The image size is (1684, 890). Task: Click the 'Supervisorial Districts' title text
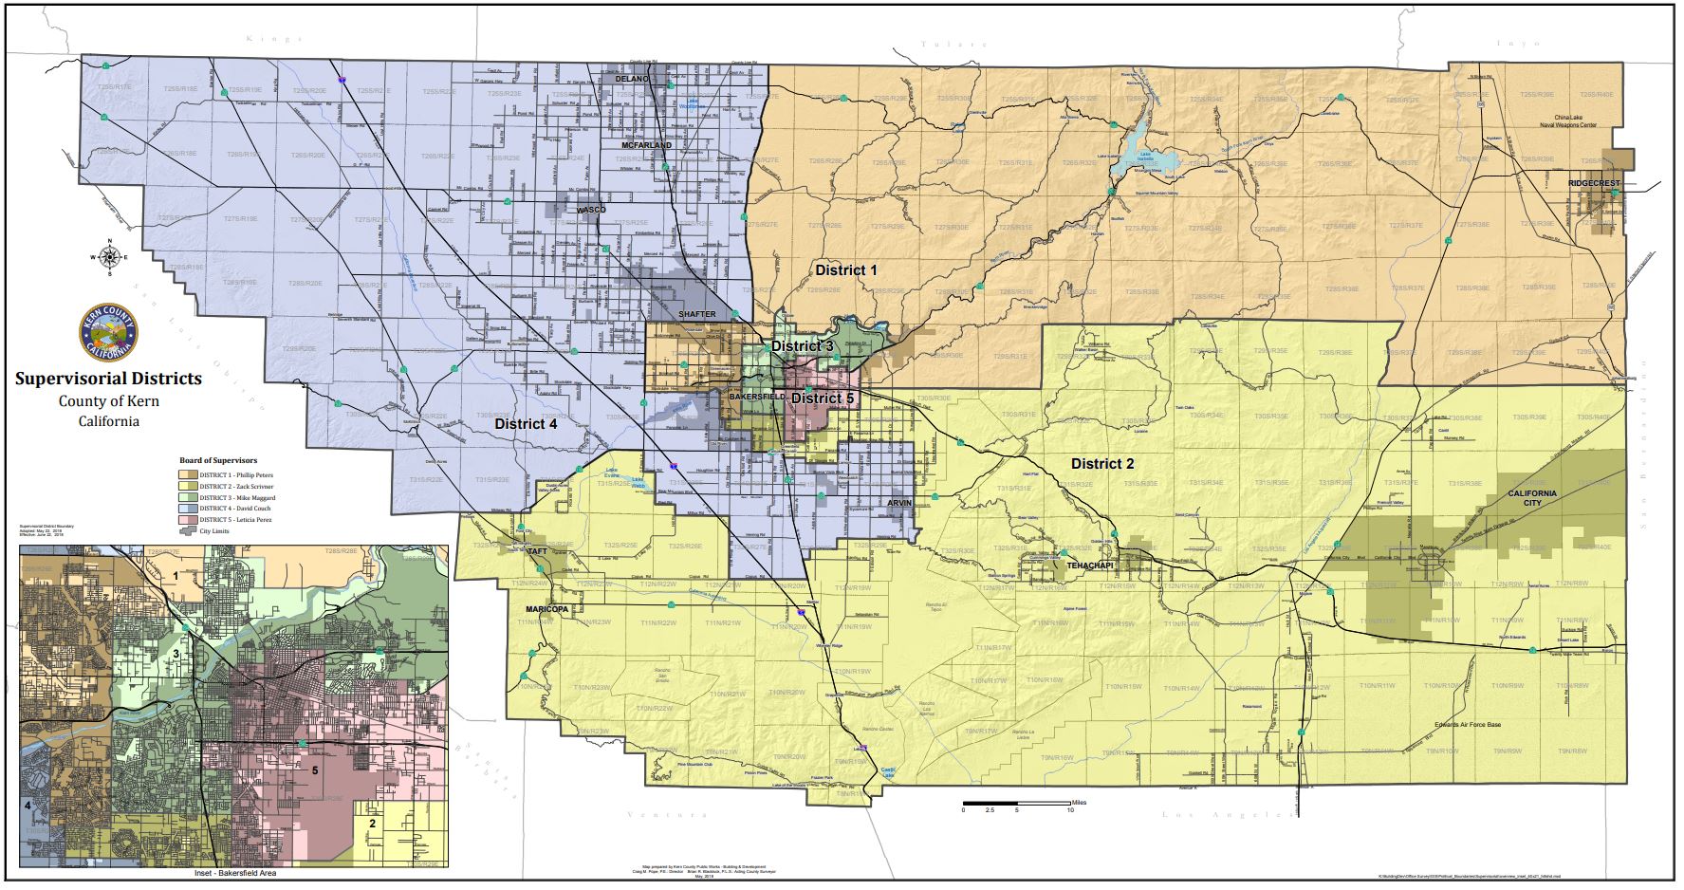(108, 378)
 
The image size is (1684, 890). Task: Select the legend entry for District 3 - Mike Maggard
(228, 497)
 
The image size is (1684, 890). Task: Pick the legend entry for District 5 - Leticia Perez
(228, 520)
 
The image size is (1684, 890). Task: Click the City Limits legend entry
(213, 531)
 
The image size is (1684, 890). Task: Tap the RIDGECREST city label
(1591, 183)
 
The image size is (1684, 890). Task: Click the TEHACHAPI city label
(1087, 565)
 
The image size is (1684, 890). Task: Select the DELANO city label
(631, 79)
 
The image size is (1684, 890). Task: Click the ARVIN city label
(900, 503)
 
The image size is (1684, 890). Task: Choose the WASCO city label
(590, 209)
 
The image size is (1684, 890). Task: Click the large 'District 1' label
(846, 270)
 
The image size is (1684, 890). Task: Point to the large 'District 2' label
(1102, 464)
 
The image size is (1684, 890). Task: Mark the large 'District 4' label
(526, 424)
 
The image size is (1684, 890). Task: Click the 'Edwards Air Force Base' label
(1467, 724)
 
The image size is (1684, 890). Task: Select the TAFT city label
(537, 550)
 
